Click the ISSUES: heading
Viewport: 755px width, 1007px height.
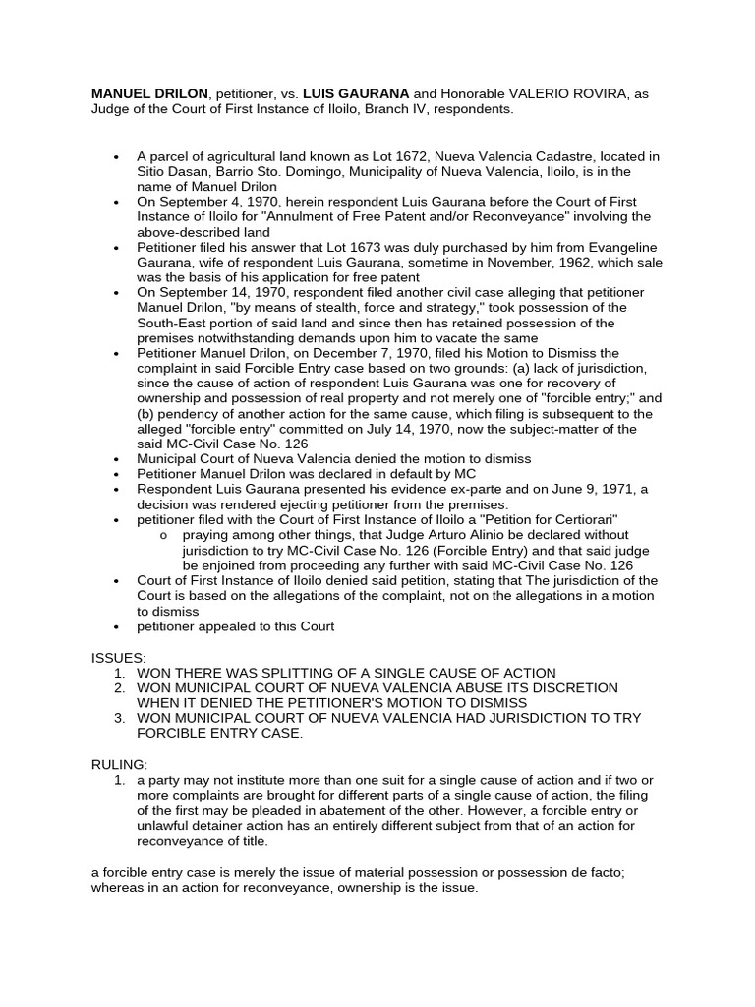pyautogui.click(x=119, y=657)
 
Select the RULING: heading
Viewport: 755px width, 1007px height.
pyautogui.click(x=120, y=764)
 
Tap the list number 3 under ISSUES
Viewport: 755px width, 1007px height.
pyautogui.click(x=118, y=718)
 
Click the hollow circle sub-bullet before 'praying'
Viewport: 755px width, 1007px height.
pyautogui.click(x=163, y=535)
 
